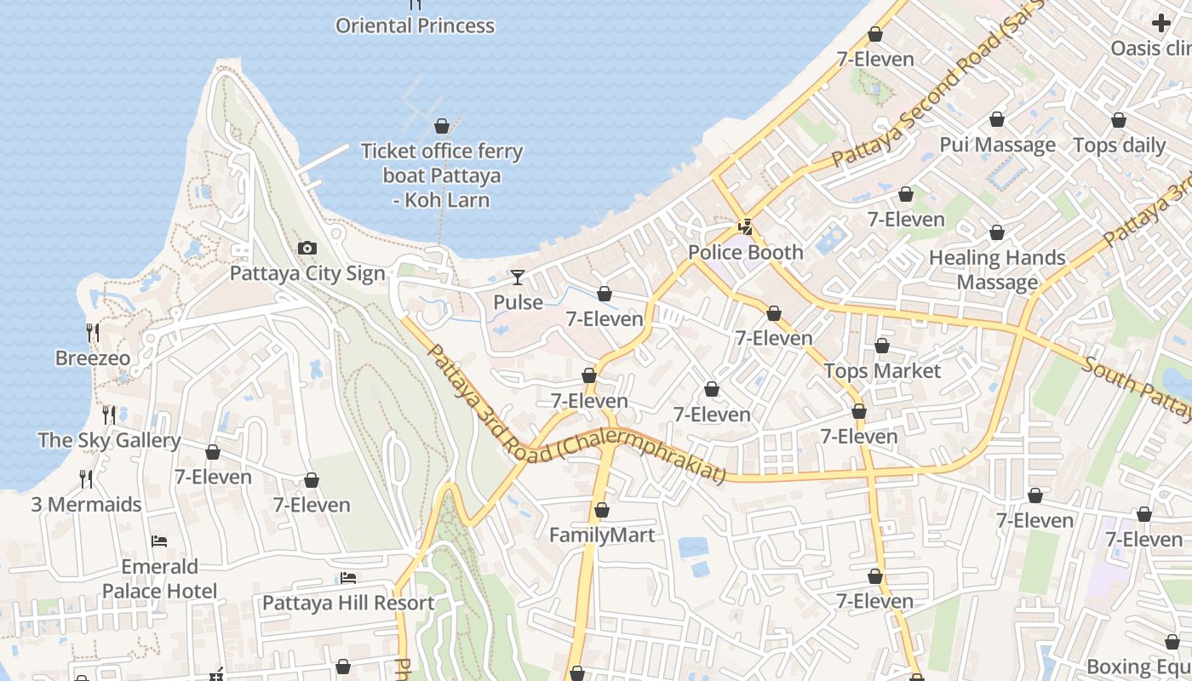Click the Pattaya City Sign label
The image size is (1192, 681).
307,274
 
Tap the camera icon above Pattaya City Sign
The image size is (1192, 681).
307,249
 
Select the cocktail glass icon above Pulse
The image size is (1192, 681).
518,278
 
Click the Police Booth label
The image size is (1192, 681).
745,253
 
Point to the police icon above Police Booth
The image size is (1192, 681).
745,227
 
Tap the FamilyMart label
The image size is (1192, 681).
602,535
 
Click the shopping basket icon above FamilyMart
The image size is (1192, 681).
602,511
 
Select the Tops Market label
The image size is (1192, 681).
882,371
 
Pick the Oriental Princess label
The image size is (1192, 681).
415,26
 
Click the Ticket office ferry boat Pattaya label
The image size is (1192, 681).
442,175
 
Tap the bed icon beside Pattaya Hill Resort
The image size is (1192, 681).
348,578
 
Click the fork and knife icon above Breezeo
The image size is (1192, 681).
93,333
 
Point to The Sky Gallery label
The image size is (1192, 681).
109,440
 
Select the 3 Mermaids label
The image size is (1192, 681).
86,505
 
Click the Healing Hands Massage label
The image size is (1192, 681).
997,270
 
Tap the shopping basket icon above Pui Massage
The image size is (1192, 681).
997,120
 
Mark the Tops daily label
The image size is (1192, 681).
1119,146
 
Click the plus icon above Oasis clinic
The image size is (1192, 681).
1161,23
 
